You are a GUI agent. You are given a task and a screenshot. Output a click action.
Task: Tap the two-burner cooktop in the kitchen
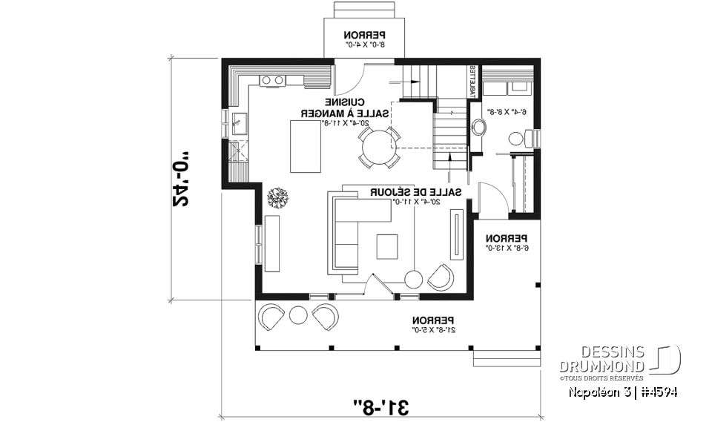tap(273, 80)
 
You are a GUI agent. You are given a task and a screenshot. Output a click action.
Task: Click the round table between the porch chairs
tap(297, 314)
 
